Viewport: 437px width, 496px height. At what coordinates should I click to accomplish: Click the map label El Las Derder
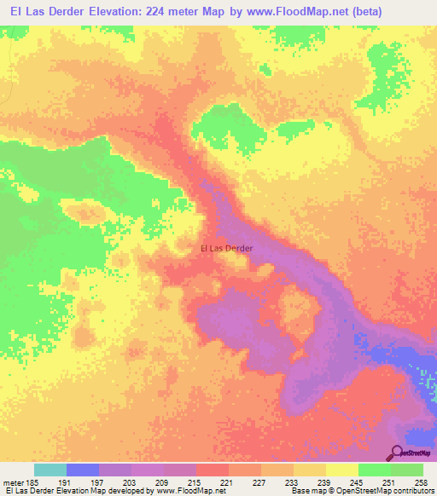(x=226, y=248)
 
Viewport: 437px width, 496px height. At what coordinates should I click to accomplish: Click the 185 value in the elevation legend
(x=33, y=483)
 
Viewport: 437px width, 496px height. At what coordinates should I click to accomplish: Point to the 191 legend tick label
(x=66, y=483)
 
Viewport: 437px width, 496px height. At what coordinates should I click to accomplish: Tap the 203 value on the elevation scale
(x=131, y=483)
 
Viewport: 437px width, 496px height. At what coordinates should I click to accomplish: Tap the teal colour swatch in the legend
(x=50, y=470)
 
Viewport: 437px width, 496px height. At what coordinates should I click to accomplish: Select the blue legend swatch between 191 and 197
(x=82, y=470)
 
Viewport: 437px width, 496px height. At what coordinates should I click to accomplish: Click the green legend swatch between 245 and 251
(x=374, y=470)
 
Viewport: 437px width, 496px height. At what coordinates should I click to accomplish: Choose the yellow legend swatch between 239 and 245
(x=341, y=470)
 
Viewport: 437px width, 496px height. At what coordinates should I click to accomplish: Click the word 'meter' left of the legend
(x=12, y=483)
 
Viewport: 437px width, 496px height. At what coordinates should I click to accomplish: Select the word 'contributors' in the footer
(x=414, y=492)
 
